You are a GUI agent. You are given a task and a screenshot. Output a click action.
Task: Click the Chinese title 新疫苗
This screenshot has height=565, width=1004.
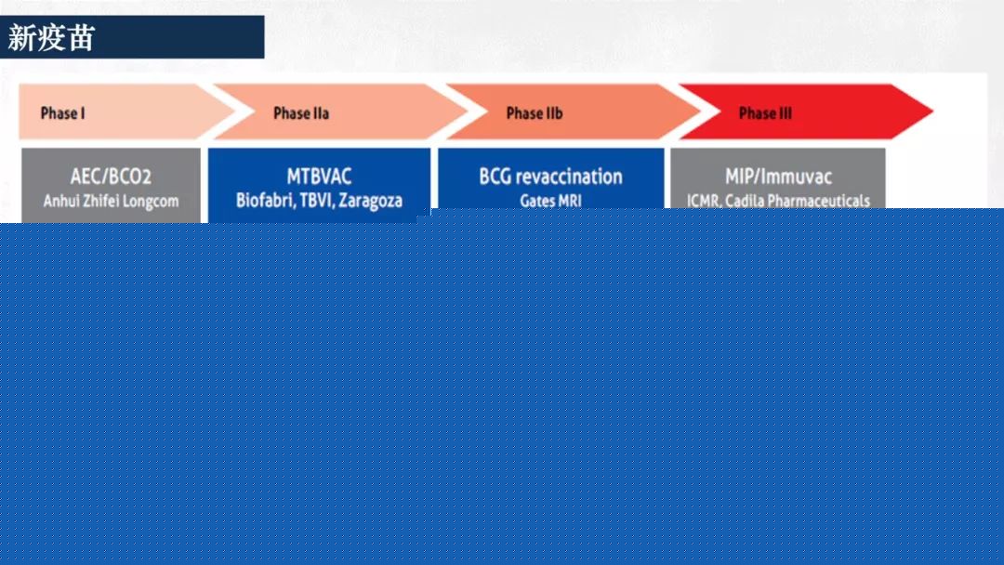point(51,38)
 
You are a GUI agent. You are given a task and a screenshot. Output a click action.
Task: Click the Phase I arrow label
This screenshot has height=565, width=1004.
point(63,113)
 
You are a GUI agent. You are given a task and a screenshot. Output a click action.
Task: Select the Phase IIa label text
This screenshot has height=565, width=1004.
point(301,113)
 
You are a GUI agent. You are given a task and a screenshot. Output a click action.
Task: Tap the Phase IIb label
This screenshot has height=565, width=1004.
point(534,113)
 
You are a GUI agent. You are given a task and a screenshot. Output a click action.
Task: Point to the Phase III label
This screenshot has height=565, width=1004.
point(765,113)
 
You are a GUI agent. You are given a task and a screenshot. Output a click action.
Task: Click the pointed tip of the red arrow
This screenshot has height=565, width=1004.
point(932,112)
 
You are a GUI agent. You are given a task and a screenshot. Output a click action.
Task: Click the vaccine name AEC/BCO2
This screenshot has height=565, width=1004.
point(111,177)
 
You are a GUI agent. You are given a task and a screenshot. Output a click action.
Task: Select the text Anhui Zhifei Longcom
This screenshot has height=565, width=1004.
point(111,201)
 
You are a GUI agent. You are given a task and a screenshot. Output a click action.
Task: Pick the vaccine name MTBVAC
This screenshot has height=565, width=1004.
point(319,177)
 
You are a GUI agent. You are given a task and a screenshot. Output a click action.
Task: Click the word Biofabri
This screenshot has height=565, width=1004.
point(264,201)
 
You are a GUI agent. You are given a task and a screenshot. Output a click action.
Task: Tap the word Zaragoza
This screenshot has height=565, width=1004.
point(371,201)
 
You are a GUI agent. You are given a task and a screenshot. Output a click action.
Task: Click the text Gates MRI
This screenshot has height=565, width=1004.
point(550,201)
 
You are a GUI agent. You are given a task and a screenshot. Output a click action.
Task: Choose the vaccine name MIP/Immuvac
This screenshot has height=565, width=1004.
point(779,177)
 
